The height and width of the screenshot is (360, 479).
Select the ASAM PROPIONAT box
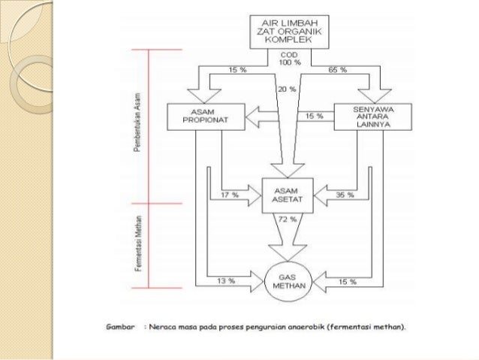pyautogui.click(x=200, y=116)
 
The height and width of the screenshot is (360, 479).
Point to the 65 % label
pyautogui.click(x=337, y=70)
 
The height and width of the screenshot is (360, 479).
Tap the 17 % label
pyautogui.click(x=230, y=195)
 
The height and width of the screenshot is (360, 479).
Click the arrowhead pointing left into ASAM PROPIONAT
pyautogui.click(x=255, y=116)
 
